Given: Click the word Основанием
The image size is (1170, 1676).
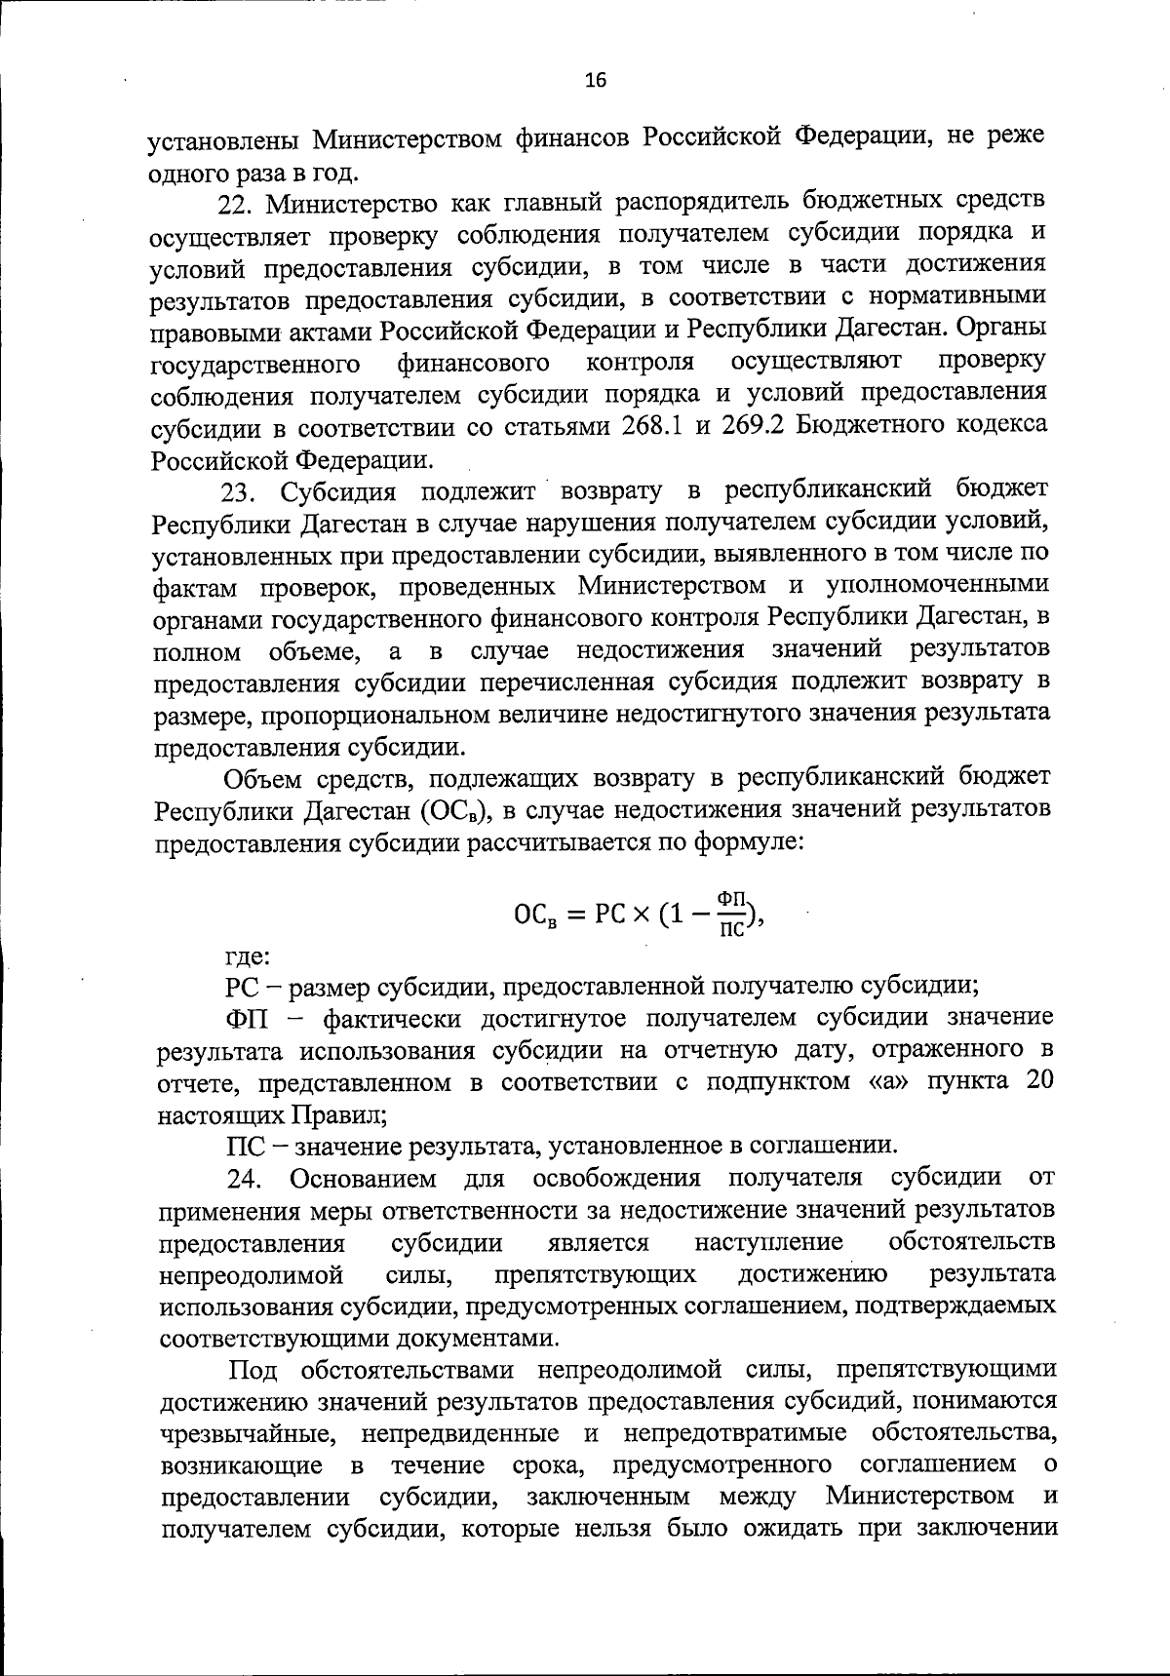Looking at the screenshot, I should pyautogui.click(x=364, y=1179).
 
